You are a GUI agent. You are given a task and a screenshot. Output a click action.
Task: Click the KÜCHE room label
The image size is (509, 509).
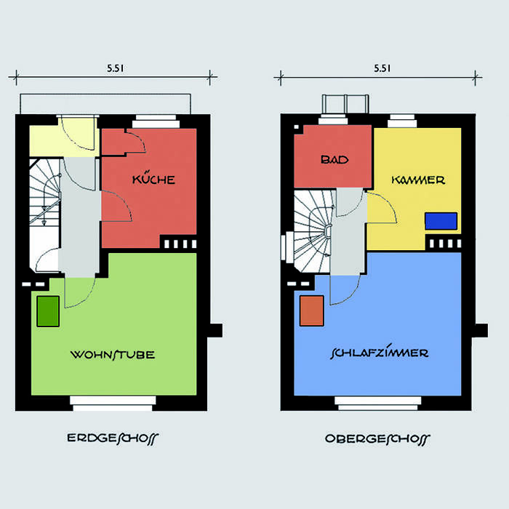[x=153, y=178]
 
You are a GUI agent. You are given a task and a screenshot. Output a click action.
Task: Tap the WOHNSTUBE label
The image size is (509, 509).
[x=113, y=355]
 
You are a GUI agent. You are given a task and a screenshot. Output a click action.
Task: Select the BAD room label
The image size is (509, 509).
[x=334, y=159]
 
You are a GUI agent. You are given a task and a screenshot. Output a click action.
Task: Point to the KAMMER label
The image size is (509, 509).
[x=418, y=180]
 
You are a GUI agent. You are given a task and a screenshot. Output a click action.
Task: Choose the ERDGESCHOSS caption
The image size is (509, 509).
[x=113, y=438]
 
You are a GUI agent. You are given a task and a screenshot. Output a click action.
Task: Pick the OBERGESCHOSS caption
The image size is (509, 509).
[x=377, y=439]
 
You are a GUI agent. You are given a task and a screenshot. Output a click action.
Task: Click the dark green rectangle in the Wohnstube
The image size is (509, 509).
[x=48, y=311]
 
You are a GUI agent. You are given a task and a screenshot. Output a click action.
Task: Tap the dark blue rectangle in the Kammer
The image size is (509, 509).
[x=441, y=221]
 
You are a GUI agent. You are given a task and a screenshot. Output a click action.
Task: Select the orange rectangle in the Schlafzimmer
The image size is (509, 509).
[x=312, y=310]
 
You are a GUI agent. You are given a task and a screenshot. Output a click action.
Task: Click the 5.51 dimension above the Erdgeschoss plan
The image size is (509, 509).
[x=115, y=68]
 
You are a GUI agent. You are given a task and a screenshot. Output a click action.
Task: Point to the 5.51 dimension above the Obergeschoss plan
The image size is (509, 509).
[x=382, y=68]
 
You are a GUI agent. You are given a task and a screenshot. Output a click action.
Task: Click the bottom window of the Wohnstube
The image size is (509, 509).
[x=113, y=403]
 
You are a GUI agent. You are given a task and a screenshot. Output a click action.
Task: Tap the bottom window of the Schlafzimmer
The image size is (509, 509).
[x=378, y=403]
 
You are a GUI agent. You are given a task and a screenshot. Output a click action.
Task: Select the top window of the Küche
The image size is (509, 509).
[x=156, y=121]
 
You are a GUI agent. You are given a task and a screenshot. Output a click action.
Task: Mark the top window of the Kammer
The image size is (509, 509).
[x=402, y=121]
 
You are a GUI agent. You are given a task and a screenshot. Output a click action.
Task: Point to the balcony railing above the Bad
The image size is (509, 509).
[x=345, y=104]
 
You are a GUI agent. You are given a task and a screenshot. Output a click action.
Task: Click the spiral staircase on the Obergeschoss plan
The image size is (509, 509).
[x=313, y=231]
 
